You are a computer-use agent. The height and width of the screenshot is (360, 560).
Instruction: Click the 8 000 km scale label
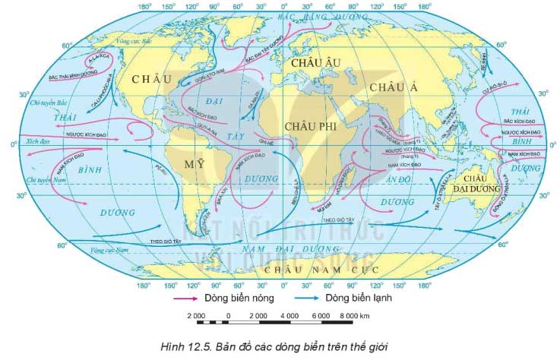354,315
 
